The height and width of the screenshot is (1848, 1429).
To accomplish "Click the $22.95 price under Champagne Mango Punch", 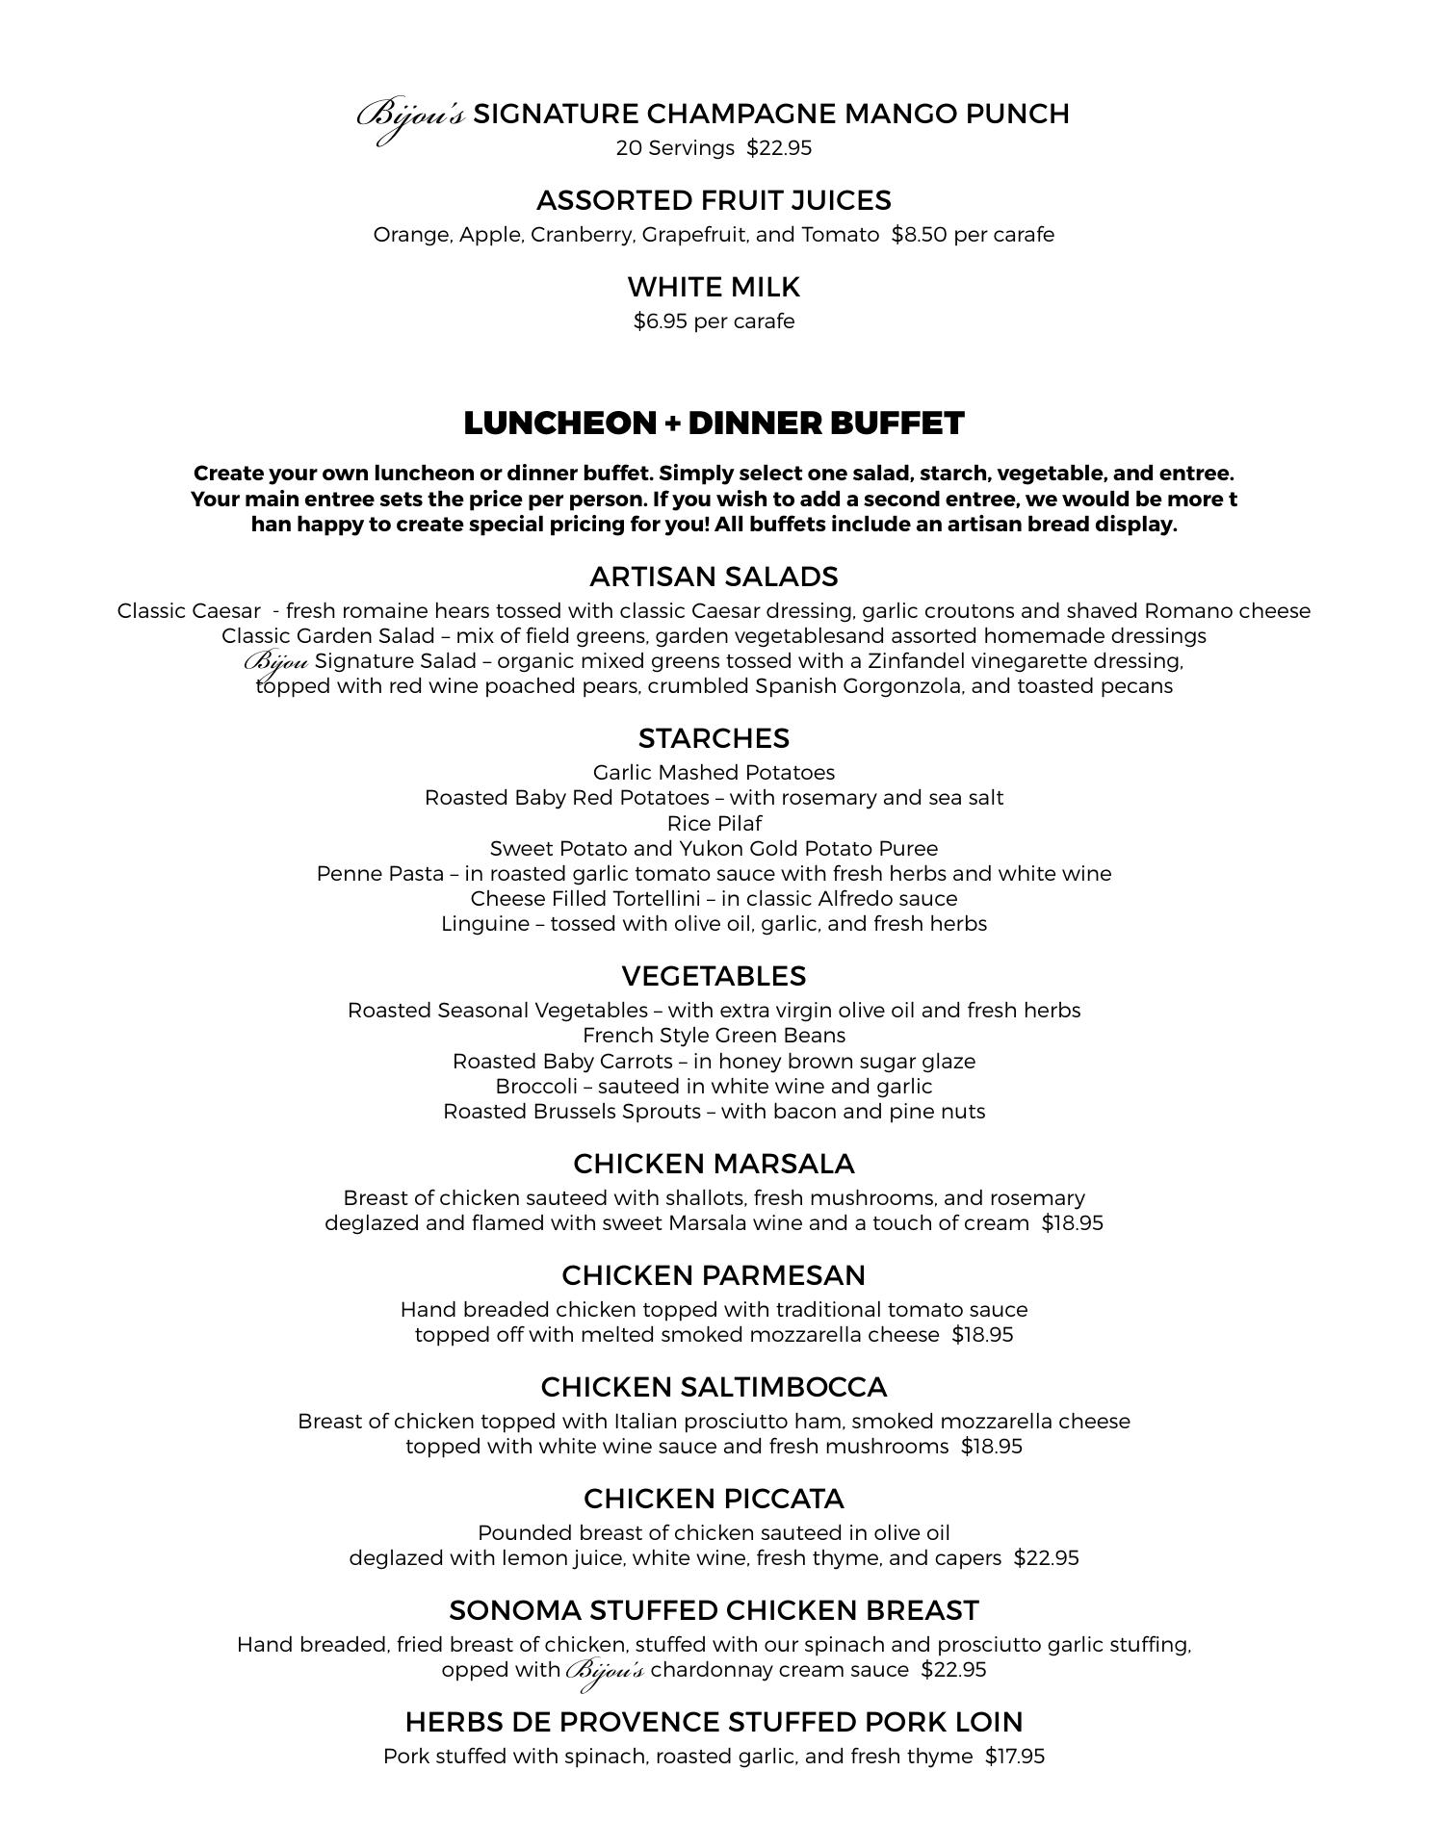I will point(779,148).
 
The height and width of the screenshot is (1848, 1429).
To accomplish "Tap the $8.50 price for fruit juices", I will point(917,235).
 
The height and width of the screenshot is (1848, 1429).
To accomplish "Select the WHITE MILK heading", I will point(714,287).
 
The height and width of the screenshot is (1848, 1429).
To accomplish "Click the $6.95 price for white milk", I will point(661,321).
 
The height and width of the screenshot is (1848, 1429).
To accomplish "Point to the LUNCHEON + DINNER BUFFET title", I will point(714,423).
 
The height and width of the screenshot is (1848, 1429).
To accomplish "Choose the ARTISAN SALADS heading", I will point(714,577).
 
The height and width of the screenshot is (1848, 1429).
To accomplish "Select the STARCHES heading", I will point(714,738).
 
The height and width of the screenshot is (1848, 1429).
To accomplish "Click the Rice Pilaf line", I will point(714,824).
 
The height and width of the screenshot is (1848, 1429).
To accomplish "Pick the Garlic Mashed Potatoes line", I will point(714,773).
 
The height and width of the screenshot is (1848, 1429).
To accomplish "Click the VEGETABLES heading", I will point(714,976).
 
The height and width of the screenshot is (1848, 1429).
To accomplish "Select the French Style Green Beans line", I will point(714,1036).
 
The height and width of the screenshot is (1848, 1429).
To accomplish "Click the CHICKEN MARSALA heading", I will point(714,1164).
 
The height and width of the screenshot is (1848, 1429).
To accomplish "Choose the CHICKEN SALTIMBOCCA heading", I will point(714,1387).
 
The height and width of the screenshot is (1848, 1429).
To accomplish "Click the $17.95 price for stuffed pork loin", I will point(1015,1757).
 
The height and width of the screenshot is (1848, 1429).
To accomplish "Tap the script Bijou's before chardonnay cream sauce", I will point(606,1671).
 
